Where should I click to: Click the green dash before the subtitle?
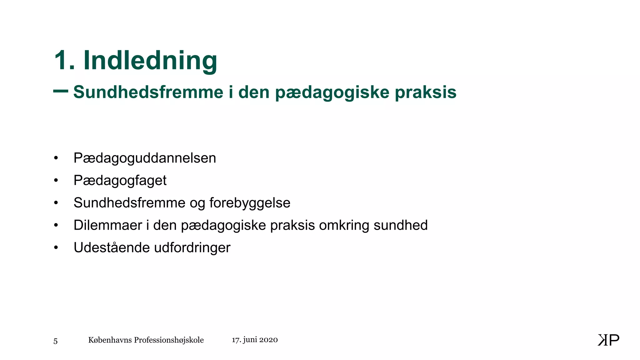[61, 91]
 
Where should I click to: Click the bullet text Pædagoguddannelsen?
[145, 158]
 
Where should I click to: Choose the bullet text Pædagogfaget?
[120, 181]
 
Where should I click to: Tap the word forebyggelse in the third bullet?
[250, 203]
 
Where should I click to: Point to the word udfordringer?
[192, 248]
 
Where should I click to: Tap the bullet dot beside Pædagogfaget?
[56, 180]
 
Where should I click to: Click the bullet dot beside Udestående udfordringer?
[56, 247]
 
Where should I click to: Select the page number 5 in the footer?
[55, 341]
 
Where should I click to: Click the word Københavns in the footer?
[110, 340]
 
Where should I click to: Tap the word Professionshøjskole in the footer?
[169, 340]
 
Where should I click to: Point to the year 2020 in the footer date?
[268, 340]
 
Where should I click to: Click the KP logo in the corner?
[608, 340]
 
